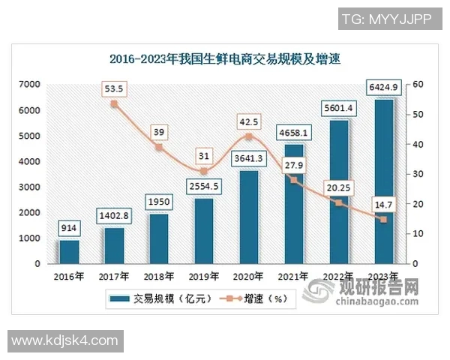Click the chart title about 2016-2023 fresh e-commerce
click(x=224, y=58)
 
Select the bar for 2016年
click(x=69, y=252)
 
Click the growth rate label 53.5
click(x=114, y=88)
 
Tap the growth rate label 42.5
click(x=249, y=121)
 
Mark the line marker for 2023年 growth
click(x=383, y=220)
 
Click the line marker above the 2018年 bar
click(x=159, y=147)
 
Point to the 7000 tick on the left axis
click(x=31, y=85)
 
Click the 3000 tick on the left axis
click(x=31, y=187)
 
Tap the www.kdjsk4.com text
click(x=66, y=340)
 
